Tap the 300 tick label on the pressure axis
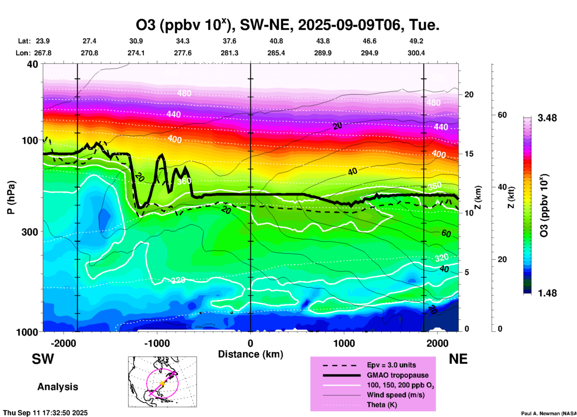[30, 232]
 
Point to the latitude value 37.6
[229, 41]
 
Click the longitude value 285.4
[276, 53]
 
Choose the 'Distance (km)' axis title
[250, 354]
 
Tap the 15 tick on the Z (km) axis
[469, 154]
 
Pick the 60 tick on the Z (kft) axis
[502, 115]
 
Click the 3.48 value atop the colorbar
[547, 118]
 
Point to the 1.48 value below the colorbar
[547, 293]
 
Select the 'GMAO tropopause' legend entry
[398, 375]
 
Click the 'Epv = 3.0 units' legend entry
[391, 365]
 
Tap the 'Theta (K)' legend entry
[382, 405]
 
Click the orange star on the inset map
[162, 383]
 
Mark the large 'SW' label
[43, 359]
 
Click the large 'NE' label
[458, 359]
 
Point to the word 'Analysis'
[58, 387]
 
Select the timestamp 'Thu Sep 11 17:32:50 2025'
[46, 413]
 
